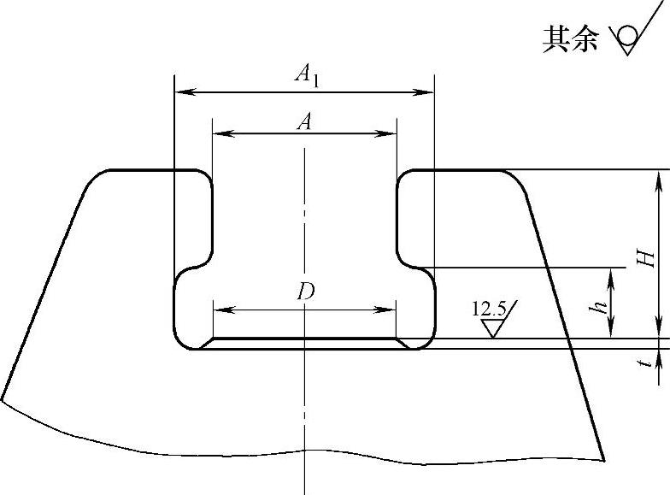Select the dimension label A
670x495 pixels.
303,122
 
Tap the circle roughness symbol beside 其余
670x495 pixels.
628,36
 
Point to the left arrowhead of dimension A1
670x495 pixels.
181,91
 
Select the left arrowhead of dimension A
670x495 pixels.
219,133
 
